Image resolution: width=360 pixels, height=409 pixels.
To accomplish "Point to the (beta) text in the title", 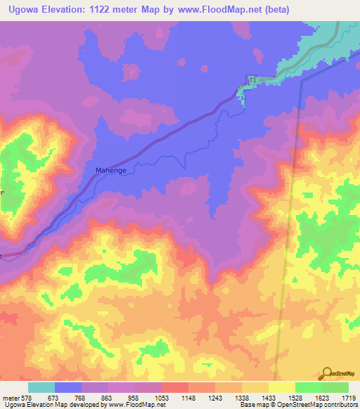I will point(273,10).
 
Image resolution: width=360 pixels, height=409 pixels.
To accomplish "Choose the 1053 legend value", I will point(163,398).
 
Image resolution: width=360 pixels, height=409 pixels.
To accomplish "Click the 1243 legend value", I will point(217,398).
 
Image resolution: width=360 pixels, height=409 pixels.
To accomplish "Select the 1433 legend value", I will point(270,398).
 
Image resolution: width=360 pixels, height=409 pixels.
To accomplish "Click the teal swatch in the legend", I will point(41,387).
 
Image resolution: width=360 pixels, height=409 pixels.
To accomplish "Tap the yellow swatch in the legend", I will point(282,387).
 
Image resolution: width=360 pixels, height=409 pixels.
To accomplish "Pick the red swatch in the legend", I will point(175,387).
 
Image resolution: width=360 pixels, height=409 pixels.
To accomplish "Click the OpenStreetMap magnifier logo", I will point(328,372).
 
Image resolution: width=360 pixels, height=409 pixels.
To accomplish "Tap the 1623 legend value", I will point(323,398).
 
